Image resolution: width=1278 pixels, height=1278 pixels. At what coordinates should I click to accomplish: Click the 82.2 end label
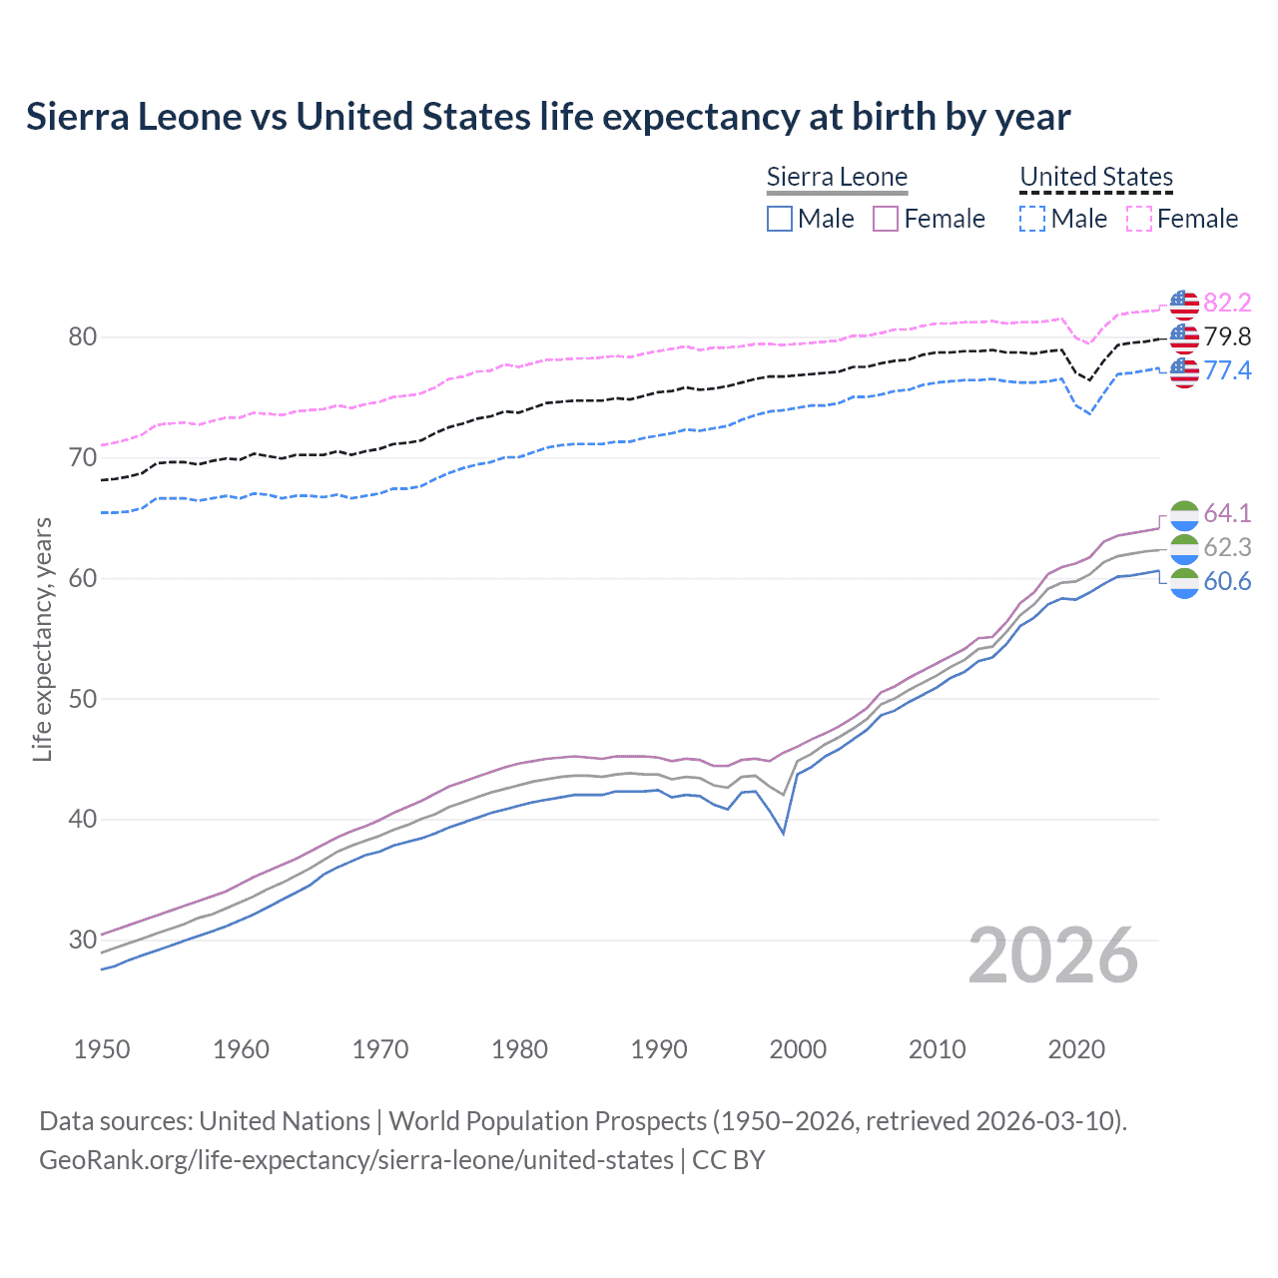(1227, 303)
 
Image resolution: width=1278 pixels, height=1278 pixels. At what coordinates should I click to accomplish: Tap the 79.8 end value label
(1227, 336)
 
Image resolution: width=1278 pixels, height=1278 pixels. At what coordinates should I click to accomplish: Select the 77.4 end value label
(1227, 370)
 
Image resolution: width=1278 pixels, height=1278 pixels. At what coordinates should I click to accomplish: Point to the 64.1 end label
(1227, 513)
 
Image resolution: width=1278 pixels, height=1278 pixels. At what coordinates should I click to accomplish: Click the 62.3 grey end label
(1227, 547)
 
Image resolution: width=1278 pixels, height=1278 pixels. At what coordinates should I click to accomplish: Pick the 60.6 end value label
(1227, 581)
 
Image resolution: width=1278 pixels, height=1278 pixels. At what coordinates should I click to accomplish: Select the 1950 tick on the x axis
(102, 1049)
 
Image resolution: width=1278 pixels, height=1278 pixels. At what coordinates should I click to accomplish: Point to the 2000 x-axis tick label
(798, 1049)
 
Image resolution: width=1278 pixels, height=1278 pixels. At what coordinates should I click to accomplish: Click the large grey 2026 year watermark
(1052, 956)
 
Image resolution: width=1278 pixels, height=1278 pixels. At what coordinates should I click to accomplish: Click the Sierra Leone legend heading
(837, 177)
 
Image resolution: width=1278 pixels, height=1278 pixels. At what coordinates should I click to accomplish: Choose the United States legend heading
(1096, 177)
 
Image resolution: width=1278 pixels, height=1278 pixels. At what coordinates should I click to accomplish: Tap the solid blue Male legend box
(780, 219)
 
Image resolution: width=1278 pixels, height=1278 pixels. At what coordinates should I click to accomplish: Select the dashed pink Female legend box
(1139, 219)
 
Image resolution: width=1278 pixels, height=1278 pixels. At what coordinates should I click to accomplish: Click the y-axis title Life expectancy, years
(42, 639)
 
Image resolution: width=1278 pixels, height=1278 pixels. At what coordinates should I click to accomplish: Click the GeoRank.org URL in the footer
(356, 1160)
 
